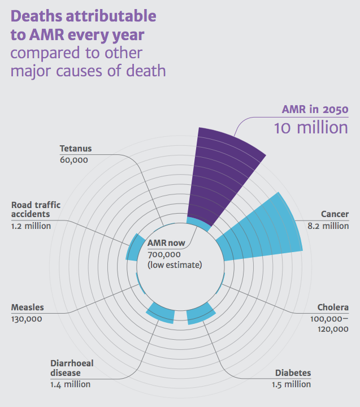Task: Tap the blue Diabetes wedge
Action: coord(201,314)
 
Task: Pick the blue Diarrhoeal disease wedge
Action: coord(161,313)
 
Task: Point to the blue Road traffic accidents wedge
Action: coord(135,248)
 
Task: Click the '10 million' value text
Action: coord(311,127)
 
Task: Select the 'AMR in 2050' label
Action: coord(315,109)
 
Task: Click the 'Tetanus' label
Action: coord(75,149)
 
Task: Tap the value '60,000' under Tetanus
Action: coord(73,160)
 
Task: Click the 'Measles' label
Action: coord(27,308)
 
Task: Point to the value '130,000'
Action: coord(27,319)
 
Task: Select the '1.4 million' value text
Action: coord(70,384)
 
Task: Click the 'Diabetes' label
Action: coord(293,373)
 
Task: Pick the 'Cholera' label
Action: coord(333,308)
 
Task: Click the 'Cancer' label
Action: coord(335,214)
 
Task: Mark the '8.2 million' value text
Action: coord(328,226)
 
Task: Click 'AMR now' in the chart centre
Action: coord(167,243)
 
